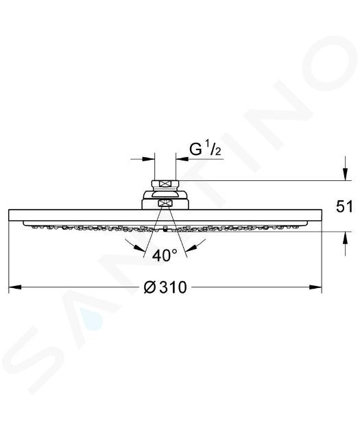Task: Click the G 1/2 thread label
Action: click(205, 150)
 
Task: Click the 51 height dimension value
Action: click(344, 206)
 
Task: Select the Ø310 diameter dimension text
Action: click(165, 287)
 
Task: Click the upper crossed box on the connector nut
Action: click(165, 184)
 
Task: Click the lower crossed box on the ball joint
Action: click(165, 204)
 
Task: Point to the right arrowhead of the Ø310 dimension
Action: click(315, 287)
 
